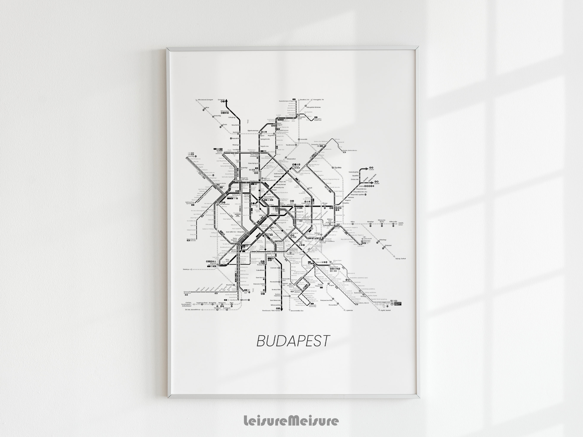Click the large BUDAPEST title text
(293, 341)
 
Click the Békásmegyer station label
(225, 111)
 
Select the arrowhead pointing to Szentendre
(226, 100)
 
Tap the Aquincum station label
(235, 132)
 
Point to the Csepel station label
(263, 292)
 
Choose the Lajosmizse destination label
(350, 310)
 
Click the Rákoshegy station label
(382, 240)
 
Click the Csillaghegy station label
(232, 117)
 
